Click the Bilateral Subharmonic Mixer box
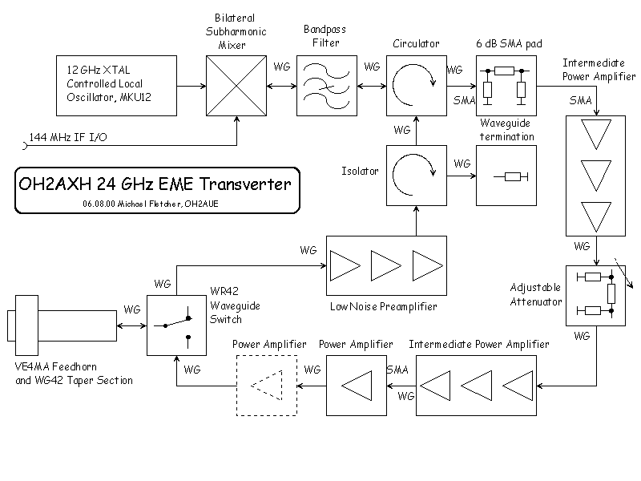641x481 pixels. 238,85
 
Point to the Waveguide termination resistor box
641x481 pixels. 507,176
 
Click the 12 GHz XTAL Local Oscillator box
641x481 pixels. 116,85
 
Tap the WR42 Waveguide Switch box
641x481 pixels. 176,325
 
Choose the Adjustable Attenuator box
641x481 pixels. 596,295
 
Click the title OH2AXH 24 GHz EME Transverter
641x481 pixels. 155,185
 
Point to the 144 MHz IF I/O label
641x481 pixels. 68,138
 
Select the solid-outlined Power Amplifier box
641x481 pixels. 356,386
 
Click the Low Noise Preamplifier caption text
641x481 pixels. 384,306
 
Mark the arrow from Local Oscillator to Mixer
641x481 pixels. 191,85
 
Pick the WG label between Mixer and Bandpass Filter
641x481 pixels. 282,67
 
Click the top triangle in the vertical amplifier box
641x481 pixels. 596,133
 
